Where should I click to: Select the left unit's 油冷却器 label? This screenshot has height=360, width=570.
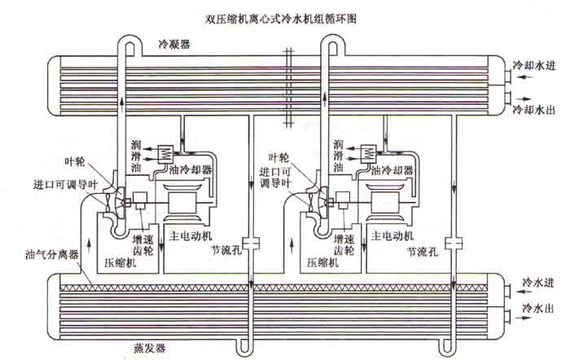(x=190, y=171)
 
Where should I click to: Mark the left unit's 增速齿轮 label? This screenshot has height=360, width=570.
(x=142, y=245)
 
